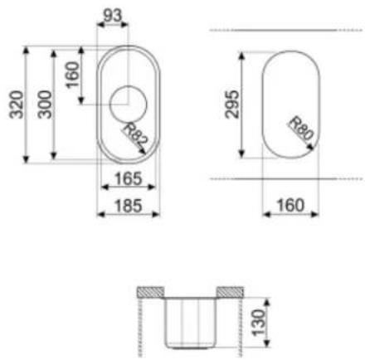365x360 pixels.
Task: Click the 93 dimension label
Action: [x=112, y=16]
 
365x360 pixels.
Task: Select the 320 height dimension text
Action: [x=17, y=105]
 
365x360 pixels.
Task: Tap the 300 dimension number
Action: [x=45, y=105]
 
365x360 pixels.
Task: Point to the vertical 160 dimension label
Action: [x=73, y=75]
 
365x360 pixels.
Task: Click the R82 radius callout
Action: [x=134, y=135]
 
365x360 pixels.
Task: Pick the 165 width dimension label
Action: [x=129, y=178]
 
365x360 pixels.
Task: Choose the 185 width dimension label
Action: [x=129, y=206]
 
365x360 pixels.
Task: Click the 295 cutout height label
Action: [x=231, y=105]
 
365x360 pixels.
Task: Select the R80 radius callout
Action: [x=302, y=129]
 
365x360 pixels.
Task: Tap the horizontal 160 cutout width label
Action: [x=290, y=206]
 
